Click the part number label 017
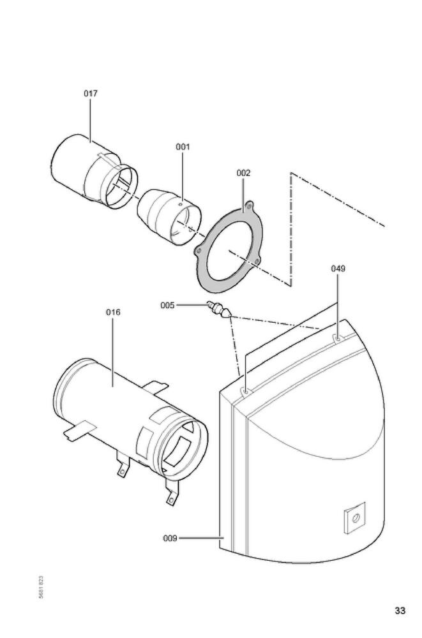(91, 93)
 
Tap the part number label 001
(183, 147)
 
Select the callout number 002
(243, 173)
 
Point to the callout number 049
(338, 269)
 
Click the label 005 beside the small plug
(167, 306)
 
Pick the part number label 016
(112, 312)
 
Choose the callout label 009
(170, 538)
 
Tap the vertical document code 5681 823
(41, 587)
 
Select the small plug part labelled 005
(219, 310)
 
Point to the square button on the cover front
(354, 517)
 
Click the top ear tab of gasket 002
(250, 205)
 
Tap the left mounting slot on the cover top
(245, 390)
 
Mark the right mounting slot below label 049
(336, 338)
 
